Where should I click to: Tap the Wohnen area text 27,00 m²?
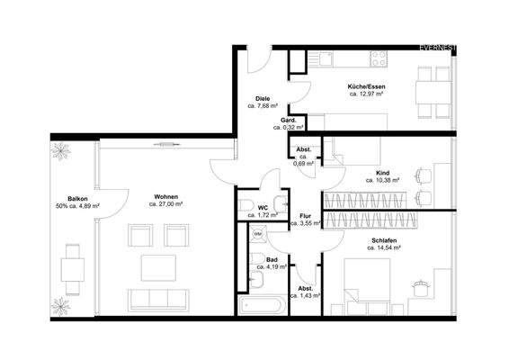click(x=165, y=205)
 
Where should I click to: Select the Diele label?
click(x=263, y=98)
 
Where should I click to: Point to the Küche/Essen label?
click(x=366, y=85)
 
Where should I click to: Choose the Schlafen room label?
click(x=383, y=240)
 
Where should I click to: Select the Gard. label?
click(x=289, y=120)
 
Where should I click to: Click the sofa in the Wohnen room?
click(x=163, y=298)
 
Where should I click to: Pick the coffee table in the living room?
click(x=162, y=265)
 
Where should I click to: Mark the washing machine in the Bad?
click(x=257, y=234)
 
